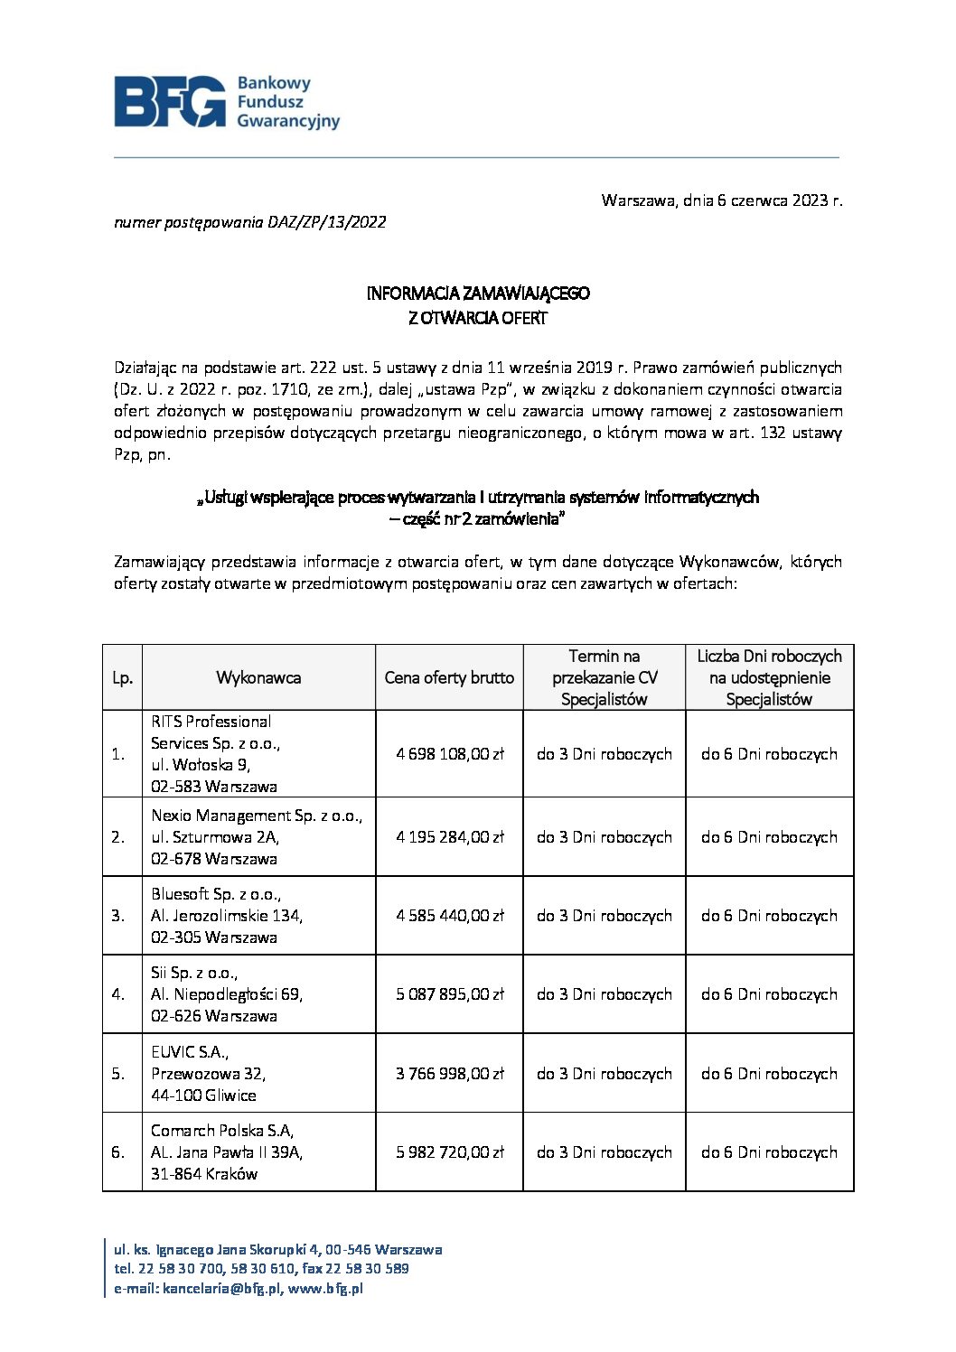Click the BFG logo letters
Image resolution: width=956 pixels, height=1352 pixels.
pyautogui.click(x=170, y=101)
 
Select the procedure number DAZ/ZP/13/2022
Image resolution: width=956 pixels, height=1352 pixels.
pyautogui.click(x=327, y=222)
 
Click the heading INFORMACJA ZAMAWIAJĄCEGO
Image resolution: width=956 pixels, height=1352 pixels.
pyautogui.click(x=477, y=294)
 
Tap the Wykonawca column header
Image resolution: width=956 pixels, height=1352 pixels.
pyautogui.click(x=258, y=677)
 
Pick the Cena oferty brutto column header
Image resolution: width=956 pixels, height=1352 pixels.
pyautogui.click(x=449, y=677)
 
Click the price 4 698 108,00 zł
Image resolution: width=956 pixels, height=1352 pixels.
pyautogui.click(x=449, y=754)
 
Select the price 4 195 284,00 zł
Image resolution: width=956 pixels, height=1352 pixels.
pyautogui.click(x=449, y=837)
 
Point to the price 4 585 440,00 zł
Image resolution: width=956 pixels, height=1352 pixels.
pyautogui.click(x=449, y=916)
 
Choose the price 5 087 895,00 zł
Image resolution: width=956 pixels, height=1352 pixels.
pyautogui.click(x=449, y=994)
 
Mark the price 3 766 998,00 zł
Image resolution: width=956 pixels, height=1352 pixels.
pyautogui.click(x=449, y=1074)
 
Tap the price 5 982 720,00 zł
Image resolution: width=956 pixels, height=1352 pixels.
pyautogui.click(x=449, y=1152)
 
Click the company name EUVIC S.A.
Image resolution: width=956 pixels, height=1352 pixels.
pyautogui.click(x=190, y=1052)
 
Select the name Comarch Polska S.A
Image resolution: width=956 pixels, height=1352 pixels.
pyautogui.click(x=222, y=1131)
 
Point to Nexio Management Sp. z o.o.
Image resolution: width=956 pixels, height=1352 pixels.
pyautogui.click(x=257, y=816)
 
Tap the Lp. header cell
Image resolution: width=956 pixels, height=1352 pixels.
pyautogui.click(x=122, y=677)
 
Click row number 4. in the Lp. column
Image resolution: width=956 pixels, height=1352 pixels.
pyautogui.click(x=118, y=994)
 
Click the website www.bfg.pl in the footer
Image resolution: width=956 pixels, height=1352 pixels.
pyautogui.click(x=325, y=1289)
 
